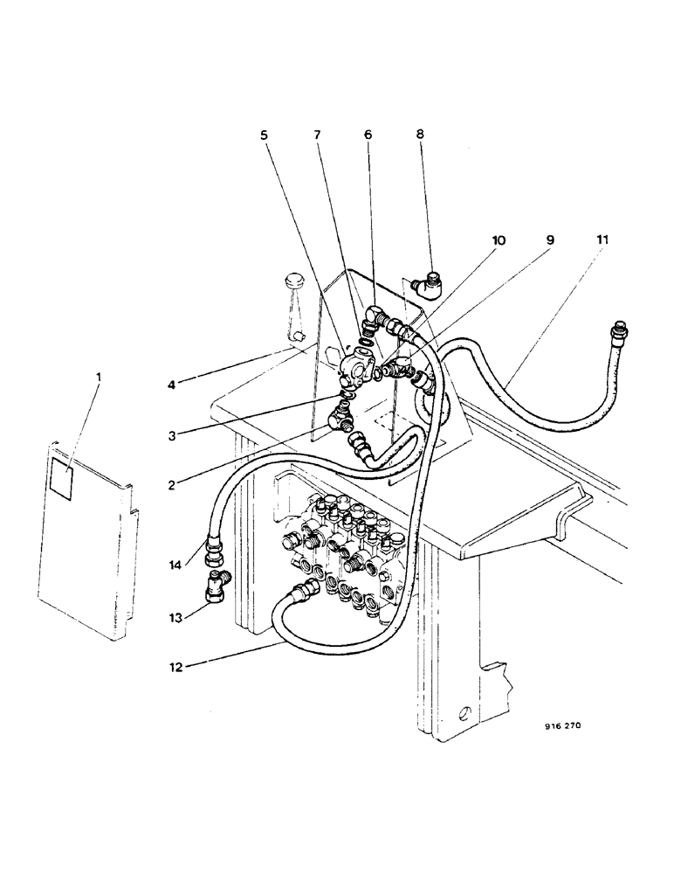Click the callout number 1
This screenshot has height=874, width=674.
(x=99, y=377)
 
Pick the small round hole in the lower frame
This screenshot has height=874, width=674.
(x=464, y=712)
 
